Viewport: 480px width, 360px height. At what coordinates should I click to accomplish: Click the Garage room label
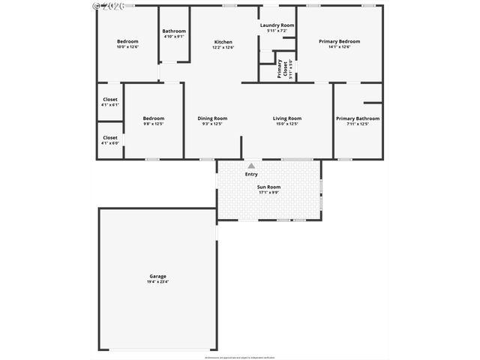pos(157,276)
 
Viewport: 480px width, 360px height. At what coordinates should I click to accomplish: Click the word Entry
pos(251,175)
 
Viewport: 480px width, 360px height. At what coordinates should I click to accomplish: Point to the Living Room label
pos(286,118)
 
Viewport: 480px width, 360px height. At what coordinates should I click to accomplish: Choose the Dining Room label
pos(212,118)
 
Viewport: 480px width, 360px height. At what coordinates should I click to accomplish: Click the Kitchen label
pos(223,42)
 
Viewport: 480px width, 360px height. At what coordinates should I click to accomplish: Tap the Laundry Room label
pos(277,25)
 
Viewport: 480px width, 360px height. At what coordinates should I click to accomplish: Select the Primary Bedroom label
pos(339,42)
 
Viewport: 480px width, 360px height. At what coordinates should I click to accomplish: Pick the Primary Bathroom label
pos(357,118)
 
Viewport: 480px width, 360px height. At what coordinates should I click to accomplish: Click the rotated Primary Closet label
pos(280,69)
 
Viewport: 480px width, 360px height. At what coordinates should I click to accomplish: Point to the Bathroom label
pos(174,31)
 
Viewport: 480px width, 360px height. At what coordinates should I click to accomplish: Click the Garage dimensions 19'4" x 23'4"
pos(157,281)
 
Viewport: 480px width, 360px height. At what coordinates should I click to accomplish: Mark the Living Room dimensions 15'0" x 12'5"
pos(286,124)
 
